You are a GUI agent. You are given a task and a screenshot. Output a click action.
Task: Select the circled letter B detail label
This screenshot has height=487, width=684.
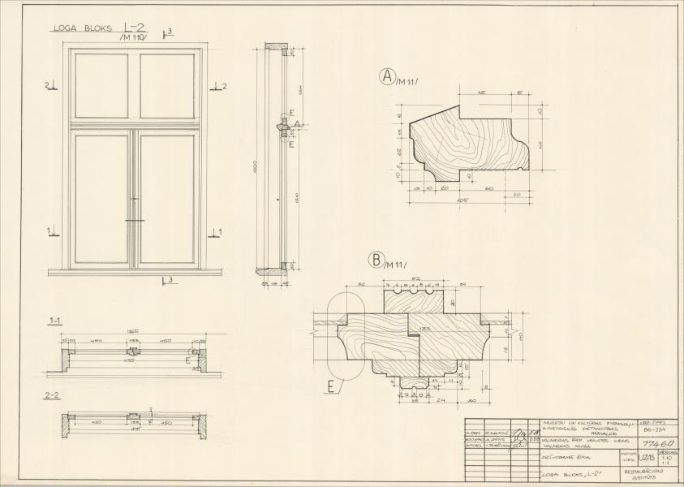pyautogui.click(x=376, y=260)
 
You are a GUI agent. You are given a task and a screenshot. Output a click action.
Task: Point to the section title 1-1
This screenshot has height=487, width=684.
pyautogui.click(x=56, y=321)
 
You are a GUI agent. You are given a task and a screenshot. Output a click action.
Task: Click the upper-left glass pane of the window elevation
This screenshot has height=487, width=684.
pyautogui.click(x=101, y=86)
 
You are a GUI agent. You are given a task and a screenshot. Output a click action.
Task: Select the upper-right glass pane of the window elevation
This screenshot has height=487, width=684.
pyautogui.click(x=166, y=86)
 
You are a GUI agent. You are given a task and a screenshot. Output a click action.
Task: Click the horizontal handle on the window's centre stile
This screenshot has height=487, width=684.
pyautogui.click(x=135, y=220)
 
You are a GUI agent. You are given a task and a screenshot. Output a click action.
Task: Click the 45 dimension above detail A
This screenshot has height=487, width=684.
pyautogui.click(x=482, y=93)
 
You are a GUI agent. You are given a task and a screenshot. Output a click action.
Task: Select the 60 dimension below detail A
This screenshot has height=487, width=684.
pyautogui.click(x=489, y=187)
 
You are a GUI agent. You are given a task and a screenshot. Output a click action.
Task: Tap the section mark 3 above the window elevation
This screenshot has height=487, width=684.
pyautogui.click(x=169, y=32)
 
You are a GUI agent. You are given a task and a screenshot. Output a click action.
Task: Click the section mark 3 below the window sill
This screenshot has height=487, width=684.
pyautogui.click(x=169, y=281)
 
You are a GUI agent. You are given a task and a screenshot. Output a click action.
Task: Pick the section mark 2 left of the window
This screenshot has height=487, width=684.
pyautogui.click(x=48, y=85)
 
